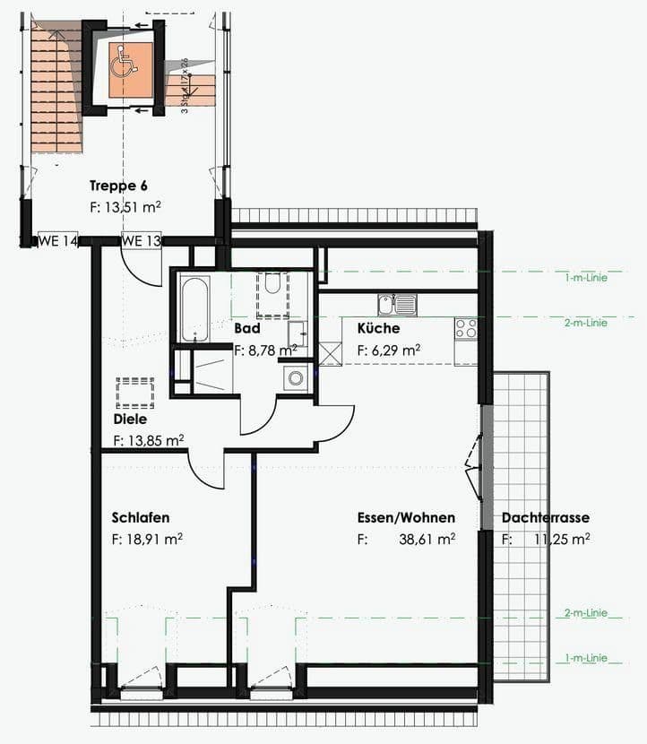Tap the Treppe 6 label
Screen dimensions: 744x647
[x=118, y=186]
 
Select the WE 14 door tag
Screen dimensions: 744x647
[x=57, y=240]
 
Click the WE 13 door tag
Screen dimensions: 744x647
[x=141, y=240]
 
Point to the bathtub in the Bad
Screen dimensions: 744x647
[x=194, y=309]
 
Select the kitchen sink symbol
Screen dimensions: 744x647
[x=397, y=305]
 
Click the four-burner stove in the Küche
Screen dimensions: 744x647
[x=465, y=329]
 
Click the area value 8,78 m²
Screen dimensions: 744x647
[x=266, y=350]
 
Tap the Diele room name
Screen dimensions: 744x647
[x=130, y=419]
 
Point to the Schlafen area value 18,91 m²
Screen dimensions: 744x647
[x=148, y=540]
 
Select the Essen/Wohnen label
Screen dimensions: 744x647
[x=406, y=517]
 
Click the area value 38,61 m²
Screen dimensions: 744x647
[x=427, y=540]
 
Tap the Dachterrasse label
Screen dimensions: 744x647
[x=545, y=517]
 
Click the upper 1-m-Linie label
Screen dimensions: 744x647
[x=585, y=278]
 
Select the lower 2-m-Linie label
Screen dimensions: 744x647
[x=585, y=613]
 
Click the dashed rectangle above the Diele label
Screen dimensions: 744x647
[x=134, y=393]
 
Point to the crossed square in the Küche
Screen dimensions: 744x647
[x=330, y=352]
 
